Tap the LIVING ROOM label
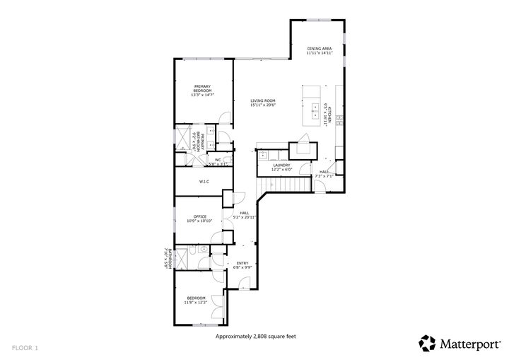coord(262,100)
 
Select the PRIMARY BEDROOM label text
coord(203,87)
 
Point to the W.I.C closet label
coord(204,182)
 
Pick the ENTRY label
coord(242,263)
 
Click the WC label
coord(218,160)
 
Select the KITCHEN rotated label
coord(326,113)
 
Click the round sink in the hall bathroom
coord(202,250)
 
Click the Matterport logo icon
coord(427,343)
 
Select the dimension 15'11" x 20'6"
coord(262,105)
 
